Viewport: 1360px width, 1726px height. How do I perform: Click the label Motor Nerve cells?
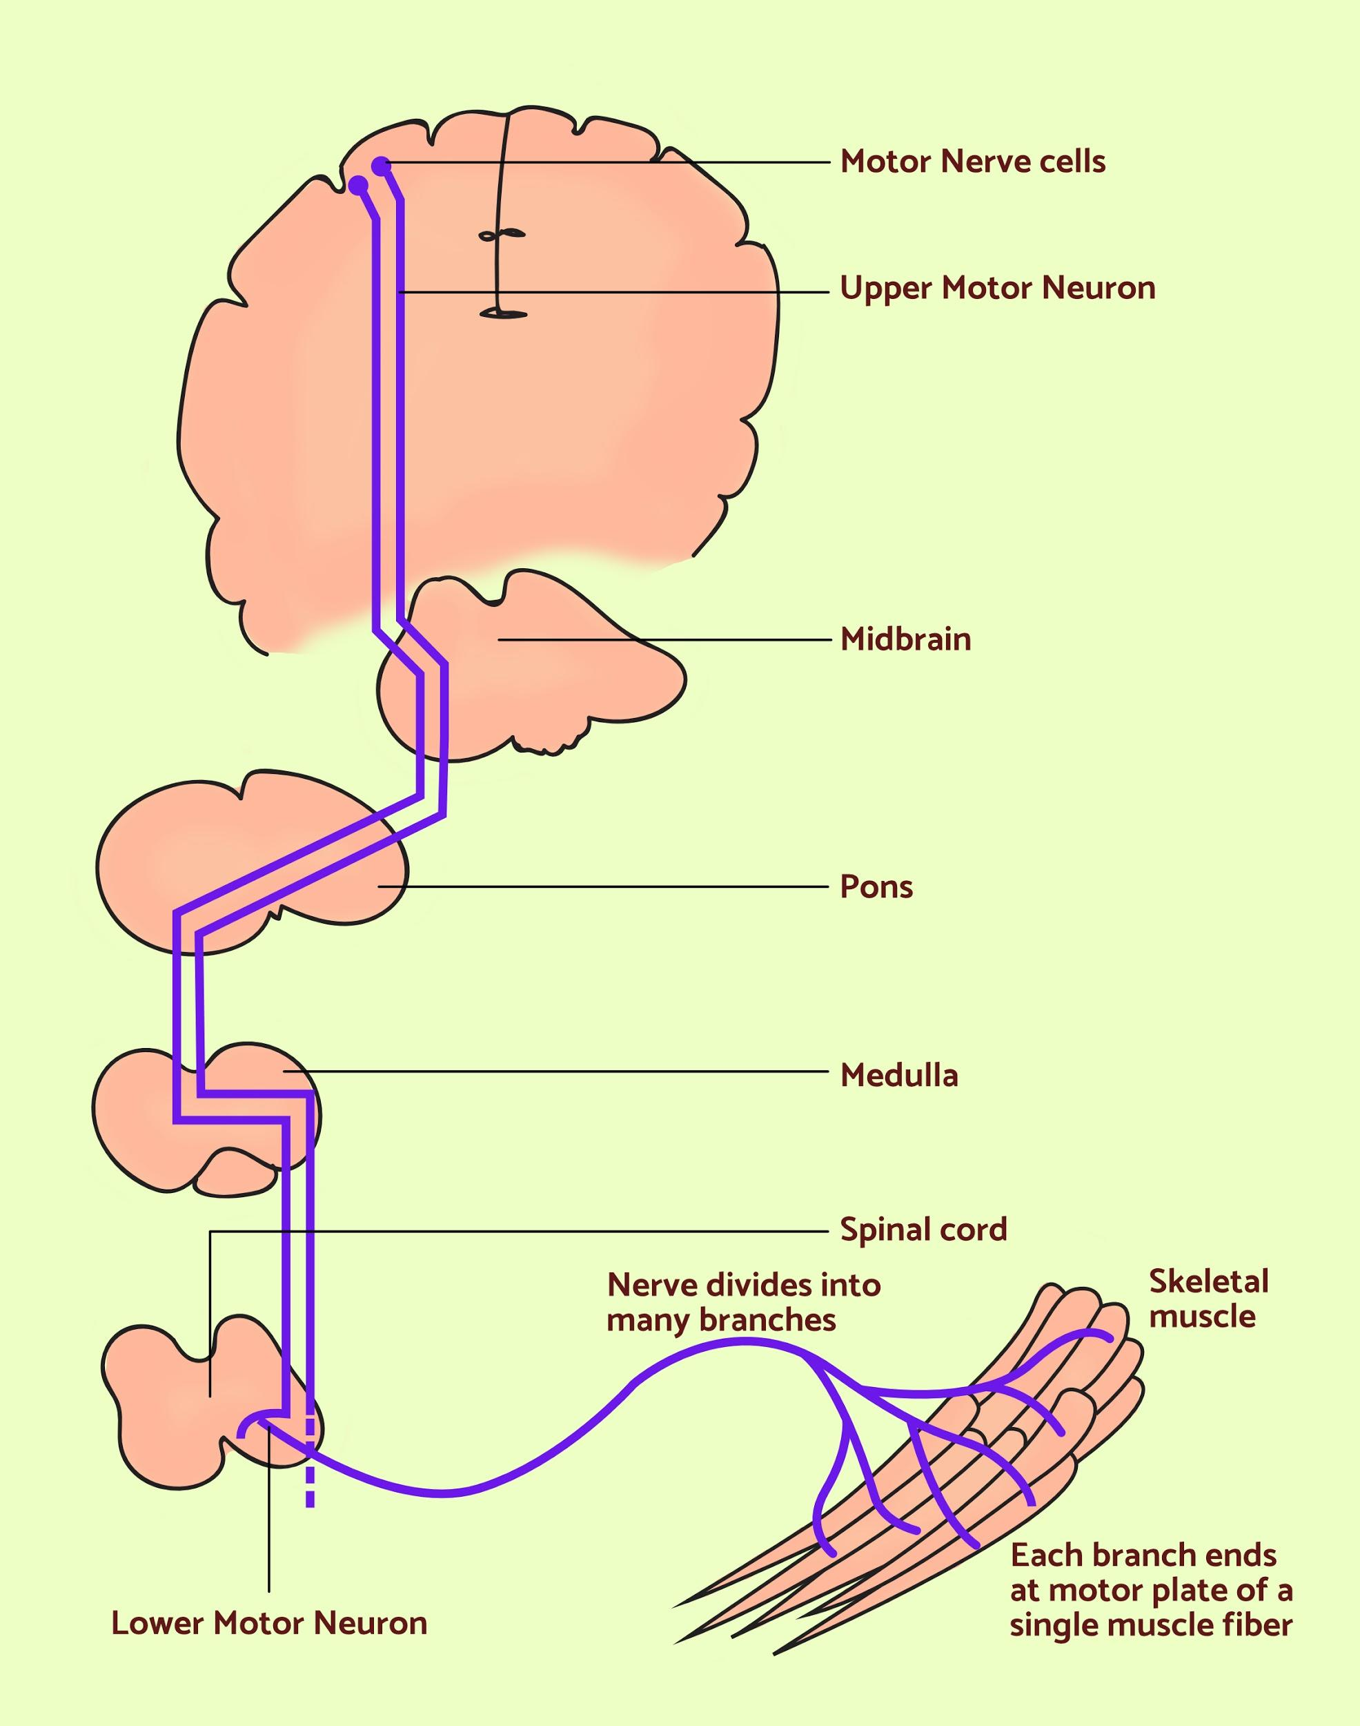point(972,162)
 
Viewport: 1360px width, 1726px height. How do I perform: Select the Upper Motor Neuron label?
point(997,289)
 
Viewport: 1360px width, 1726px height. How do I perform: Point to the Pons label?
point(876,886)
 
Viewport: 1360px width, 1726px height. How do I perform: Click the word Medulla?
point(899,1076)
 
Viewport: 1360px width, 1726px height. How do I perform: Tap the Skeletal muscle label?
point(1208,1298)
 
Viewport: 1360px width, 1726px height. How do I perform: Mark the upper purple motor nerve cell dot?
point(382,166)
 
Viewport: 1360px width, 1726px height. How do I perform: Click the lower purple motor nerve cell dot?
point(359,185)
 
